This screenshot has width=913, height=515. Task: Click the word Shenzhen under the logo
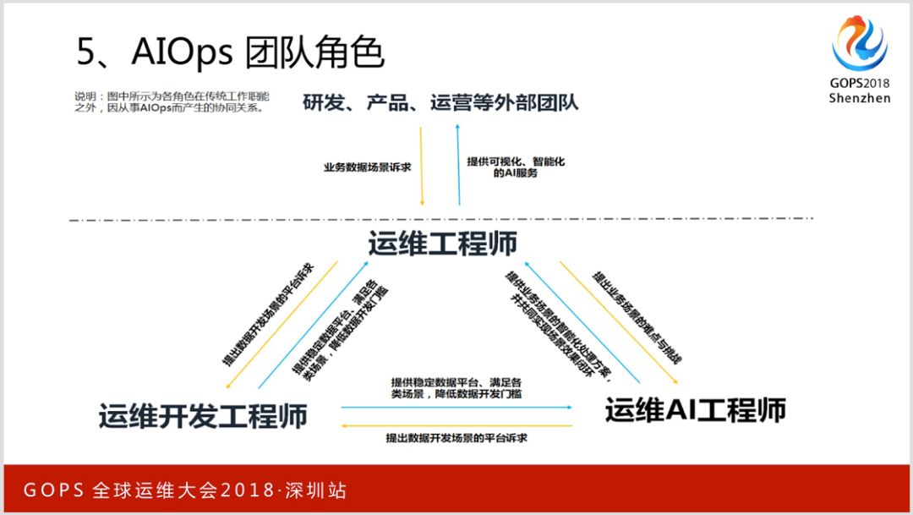point(859,98)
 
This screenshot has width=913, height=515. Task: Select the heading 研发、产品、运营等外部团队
point(440,103)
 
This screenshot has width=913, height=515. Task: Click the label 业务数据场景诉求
point(367,167)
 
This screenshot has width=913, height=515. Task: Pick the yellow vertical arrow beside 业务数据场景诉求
point(421,166)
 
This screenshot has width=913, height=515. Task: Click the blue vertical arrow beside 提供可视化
point(458,166)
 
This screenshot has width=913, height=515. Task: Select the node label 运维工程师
point(442,244)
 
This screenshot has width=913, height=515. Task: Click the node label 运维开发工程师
point(203,416)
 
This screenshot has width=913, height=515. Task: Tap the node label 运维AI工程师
point(695,410)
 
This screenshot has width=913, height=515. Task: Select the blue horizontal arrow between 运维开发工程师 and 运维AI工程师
point(456,408)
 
